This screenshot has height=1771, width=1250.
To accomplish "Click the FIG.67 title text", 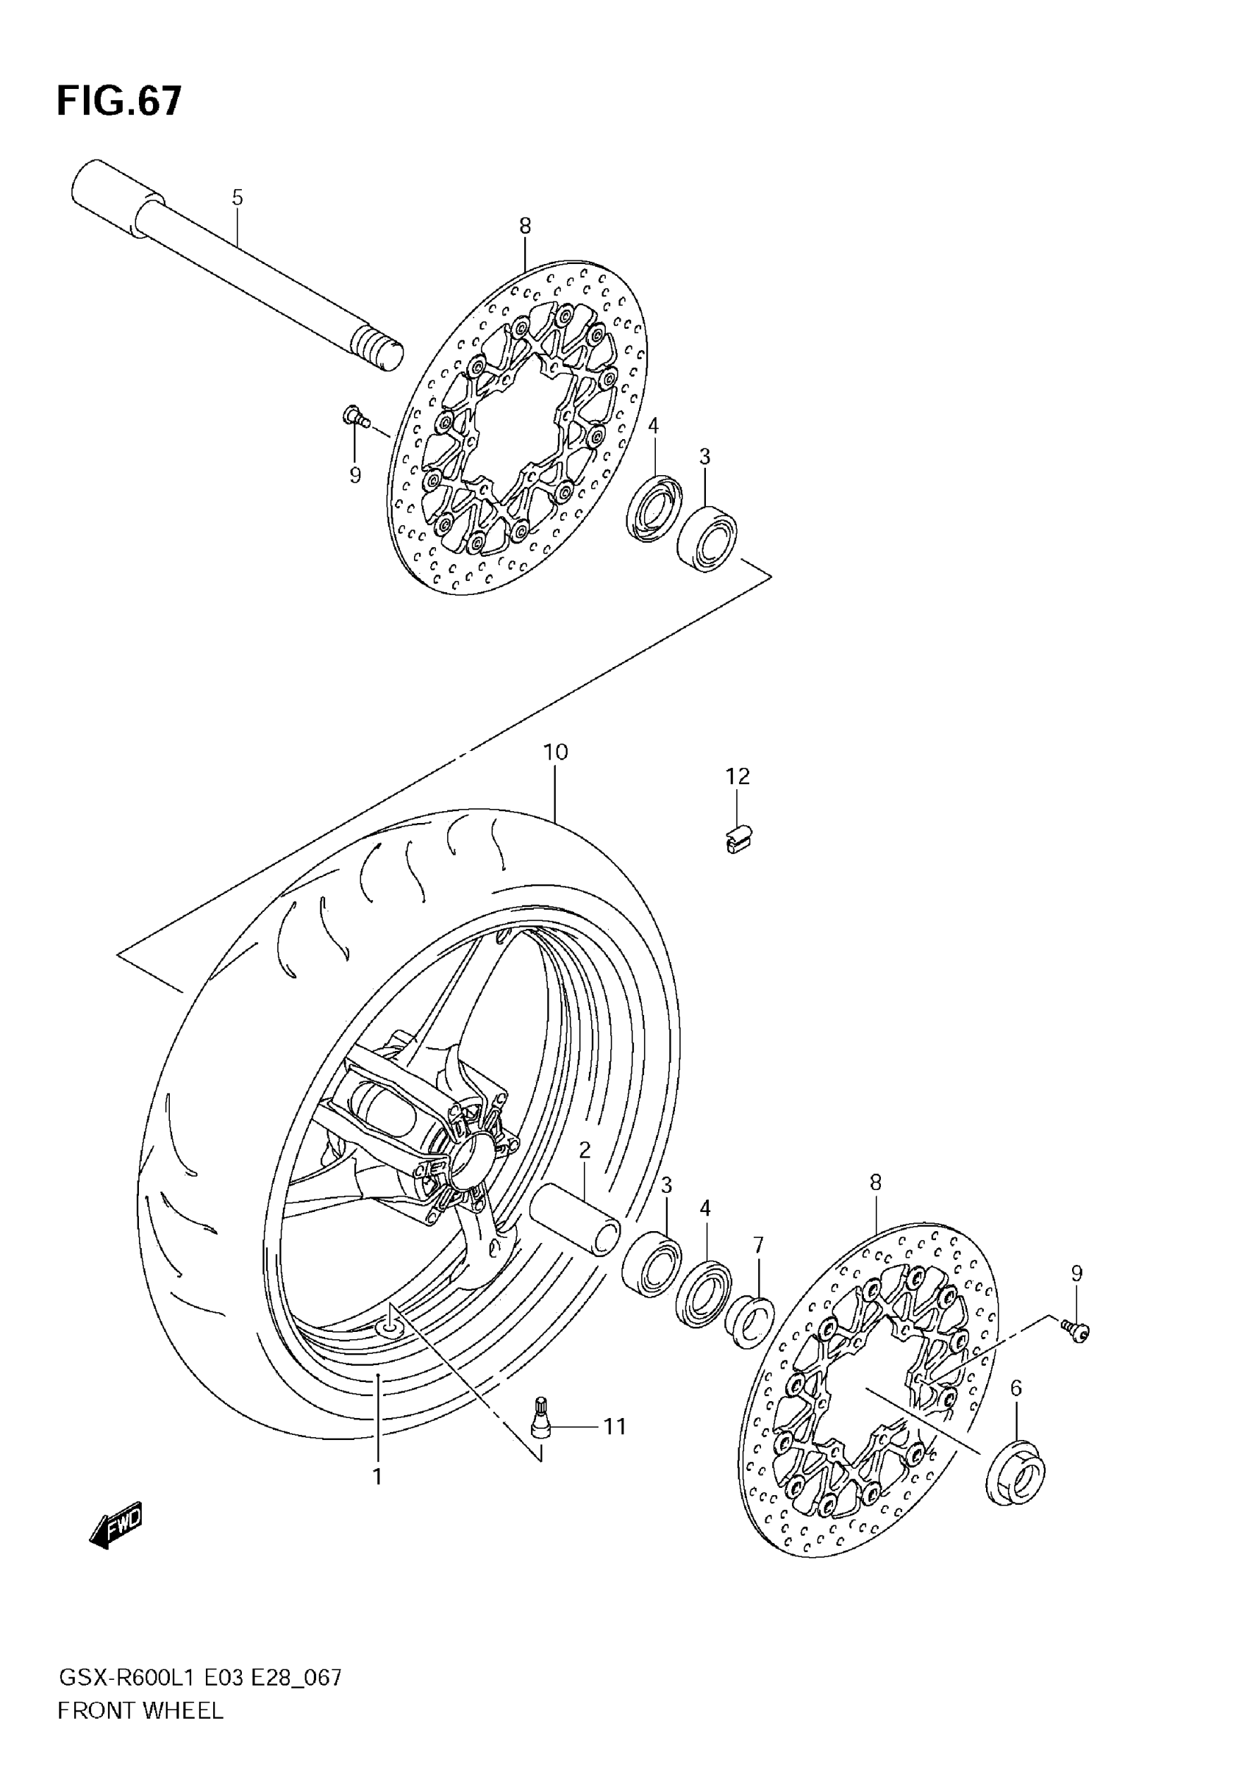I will tap(120, 101).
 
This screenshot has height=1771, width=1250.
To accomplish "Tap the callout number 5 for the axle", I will tap(238, 197).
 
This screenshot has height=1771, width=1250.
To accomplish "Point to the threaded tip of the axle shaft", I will tap(379, 350).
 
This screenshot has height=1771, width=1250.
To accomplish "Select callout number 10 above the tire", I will tap(555, 752).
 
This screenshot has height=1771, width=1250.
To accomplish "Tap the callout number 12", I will tap(737, 776).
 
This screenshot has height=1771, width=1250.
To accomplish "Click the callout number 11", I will tap(615, 1427).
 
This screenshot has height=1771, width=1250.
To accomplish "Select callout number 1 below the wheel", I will tap(378, 1476).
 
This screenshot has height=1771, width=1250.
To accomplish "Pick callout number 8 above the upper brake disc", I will tap(525, 226).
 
